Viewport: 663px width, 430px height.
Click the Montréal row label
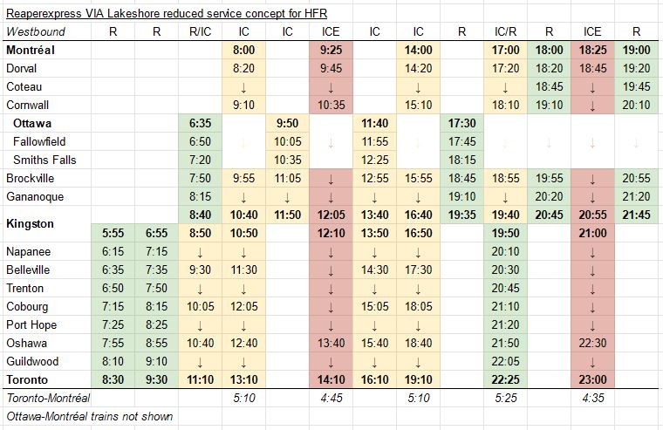coord(31,51)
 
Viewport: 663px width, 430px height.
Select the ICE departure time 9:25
coord(331,51)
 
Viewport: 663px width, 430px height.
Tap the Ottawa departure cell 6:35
coord(200,123)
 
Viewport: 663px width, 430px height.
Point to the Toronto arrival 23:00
coord(592,380)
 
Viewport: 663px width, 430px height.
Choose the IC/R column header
coord(505,31)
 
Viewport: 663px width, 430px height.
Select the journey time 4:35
coord(592,399)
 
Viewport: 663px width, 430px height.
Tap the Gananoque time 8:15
coord(200,196)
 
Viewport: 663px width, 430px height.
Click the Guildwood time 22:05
coord(505,361)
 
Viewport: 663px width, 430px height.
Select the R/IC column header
coord(200,31)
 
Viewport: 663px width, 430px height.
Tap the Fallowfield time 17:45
coord(461,141)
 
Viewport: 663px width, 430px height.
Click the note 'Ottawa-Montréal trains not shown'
coord(89,417)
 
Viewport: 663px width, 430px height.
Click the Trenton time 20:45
coord(505,288)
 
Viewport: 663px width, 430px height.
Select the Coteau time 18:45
coord(549,86)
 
